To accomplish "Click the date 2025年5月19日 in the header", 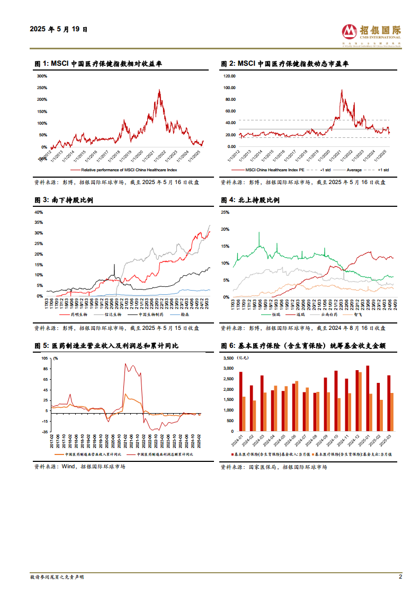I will (59, 30).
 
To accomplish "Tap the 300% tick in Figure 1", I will (42, 76).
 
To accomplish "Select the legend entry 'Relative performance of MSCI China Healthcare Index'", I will (129, 170).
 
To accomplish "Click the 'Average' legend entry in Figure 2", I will (354, 170).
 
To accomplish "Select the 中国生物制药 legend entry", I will (145, 314).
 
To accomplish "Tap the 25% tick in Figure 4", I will (225, 212).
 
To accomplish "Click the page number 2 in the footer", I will (400, 576).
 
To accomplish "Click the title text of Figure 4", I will (250, 200).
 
